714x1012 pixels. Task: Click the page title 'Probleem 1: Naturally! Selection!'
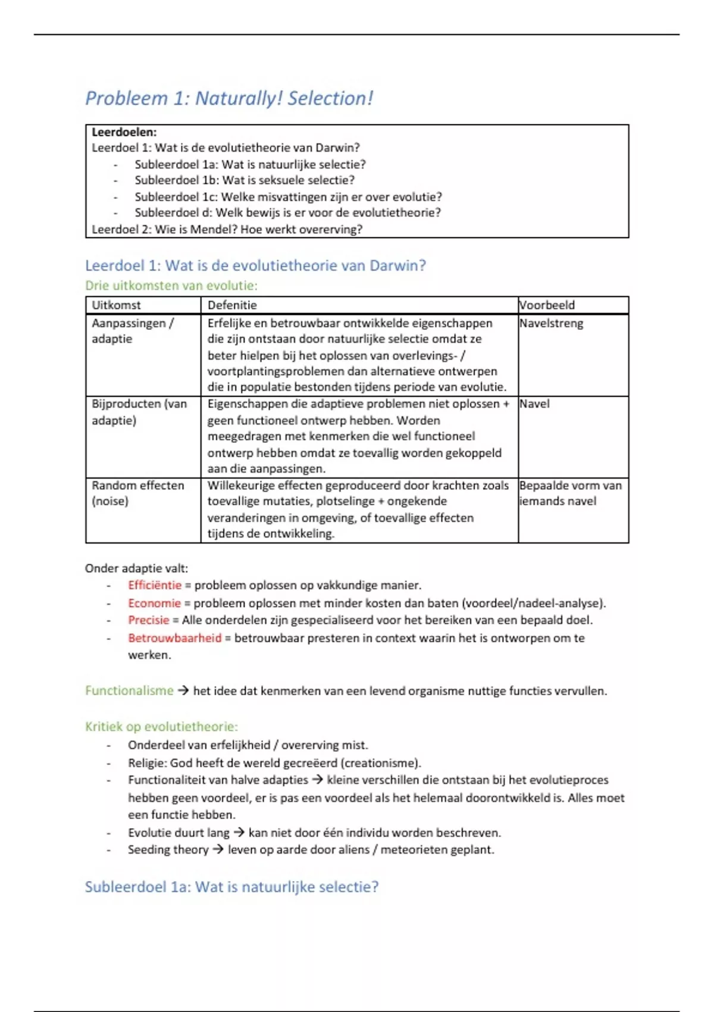click(229, 98)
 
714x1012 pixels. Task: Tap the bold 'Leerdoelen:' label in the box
click(124, 132)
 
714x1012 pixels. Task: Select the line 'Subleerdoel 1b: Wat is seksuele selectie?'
click(244, 180)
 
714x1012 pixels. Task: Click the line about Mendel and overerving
click(227, 229)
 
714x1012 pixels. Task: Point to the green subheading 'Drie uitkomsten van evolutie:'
click(171, 286)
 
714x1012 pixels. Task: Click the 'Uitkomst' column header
click(116, 305)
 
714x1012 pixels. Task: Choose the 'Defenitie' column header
click(232, 305)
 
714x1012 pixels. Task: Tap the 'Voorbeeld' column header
click(547, 305)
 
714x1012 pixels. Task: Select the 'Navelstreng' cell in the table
click(551, 323)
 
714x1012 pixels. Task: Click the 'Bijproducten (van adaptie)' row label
click(139, 412)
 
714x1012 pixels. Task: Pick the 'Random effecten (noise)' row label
click(137, 493)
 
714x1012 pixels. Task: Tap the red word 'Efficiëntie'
click(155, 585)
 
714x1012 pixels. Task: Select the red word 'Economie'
click(154, 603)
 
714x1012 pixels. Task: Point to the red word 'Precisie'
click(149, 620)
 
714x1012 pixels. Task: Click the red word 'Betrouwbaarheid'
click(174, 638)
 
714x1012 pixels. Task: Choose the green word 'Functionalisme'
click(129, 691)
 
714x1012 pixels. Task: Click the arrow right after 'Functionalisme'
click(183, 691)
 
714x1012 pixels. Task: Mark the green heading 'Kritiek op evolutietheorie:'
click(161, 727)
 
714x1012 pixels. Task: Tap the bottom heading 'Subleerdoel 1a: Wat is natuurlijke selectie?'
click(231, 887)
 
